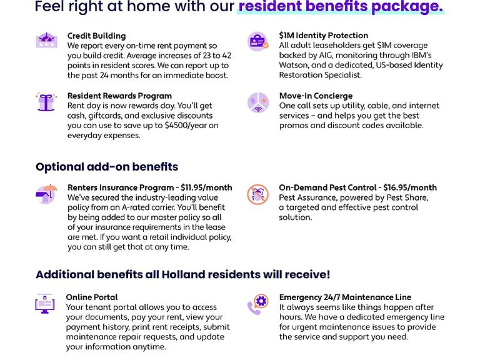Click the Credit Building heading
tap(96, 36)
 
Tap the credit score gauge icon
tap(46, 40)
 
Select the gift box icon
tap(46, 102)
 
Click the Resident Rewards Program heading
tap(119, 96)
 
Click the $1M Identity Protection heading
tap(324, 36)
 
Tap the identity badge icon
tap(257, 41)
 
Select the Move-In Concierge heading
tap(316, 96)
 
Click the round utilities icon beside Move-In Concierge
tap(258, 102)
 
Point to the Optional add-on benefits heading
tap(107, 167)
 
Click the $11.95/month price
tap(206, 187)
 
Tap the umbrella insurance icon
tap(46, 194)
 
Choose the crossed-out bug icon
tap(257, 194)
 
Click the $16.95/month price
tap(410, 187)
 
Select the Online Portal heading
tap(92, 297)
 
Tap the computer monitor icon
tap(45, 303)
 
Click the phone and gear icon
tap(258, 304)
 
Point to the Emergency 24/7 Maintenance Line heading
tap(345, 297)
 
